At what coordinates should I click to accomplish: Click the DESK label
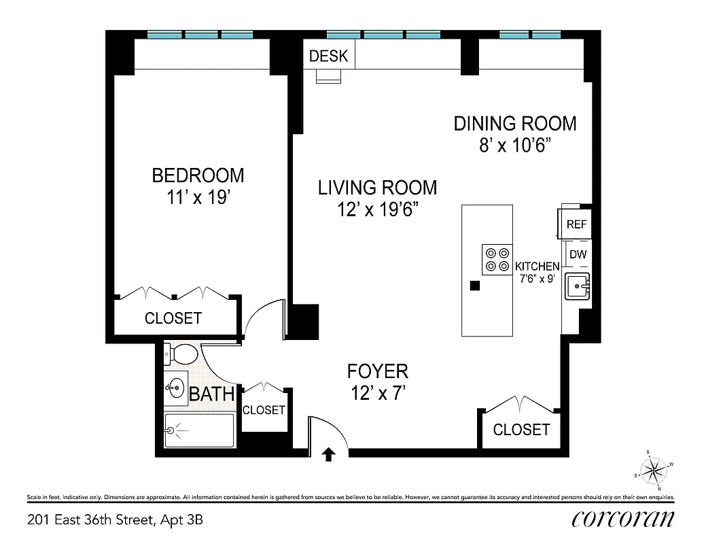coord(328,56)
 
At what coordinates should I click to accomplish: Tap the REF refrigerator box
coord(576,224)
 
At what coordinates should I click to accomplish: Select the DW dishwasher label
coord(578,255)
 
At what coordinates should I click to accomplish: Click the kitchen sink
coord(577,286)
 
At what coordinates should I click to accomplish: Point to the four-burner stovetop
coord(496,259)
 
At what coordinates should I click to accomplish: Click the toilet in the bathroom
coord(181,354)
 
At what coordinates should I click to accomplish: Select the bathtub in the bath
coord(199,430)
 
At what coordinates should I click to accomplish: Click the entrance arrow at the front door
coord(329,454)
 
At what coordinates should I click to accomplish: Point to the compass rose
coord(655,469)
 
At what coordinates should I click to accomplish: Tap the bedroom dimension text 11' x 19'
coord(197,198)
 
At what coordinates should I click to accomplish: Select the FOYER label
coord(377,371)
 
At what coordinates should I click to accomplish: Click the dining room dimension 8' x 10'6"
coord(515,146)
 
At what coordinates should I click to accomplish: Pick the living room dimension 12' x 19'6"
coord(377,210)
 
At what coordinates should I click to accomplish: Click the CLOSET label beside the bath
coord(264,410)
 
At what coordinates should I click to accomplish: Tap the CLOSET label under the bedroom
coord(173,318)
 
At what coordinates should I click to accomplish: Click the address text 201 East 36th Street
coord(115,521)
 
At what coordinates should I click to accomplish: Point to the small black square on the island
coord(476,286)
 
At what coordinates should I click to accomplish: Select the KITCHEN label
coord(537,267)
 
